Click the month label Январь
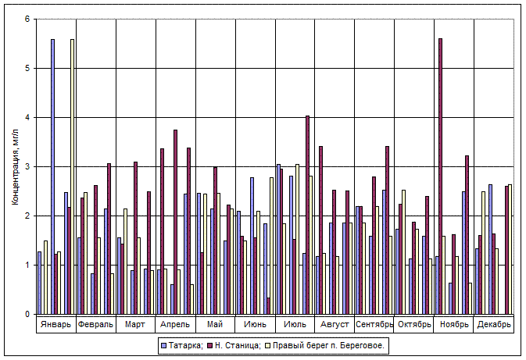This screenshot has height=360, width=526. point(56,324)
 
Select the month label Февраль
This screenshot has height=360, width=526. point(96,324)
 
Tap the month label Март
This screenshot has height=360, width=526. point(136,324)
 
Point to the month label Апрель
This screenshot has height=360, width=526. point(175,324)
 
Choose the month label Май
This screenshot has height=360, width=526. point(215,324)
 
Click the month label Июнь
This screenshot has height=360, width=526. point(255,324)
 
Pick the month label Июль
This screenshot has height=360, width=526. point(295,324)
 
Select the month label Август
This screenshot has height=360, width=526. point(335,324)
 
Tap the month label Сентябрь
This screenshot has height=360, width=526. point(374,324)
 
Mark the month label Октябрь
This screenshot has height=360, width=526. point(414,324)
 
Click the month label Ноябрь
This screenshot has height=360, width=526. point(454,324)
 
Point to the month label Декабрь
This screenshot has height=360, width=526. point(494,324)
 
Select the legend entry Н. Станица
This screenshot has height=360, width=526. point(234,344)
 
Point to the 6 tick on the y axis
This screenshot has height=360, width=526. point(28,19)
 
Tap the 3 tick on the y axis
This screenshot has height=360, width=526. point(28,166)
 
